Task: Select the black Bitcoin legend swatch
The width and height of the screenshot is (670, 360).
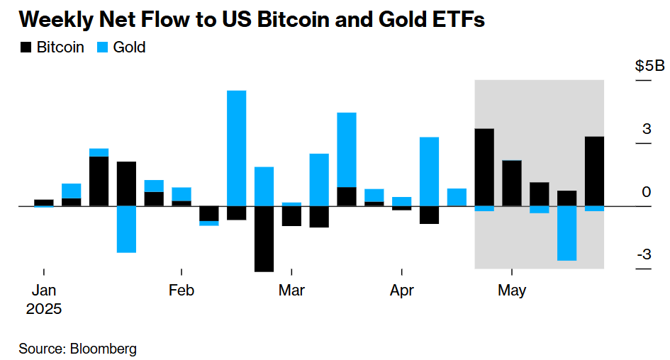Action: (26, 47)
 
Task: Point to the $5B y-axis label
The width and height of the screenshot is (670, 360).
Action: (649, 67)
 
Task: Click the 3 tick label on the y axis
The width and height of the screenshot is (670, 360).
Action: (647, 129)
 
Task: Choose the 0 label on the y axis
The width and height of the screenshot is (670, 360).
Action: (647, 192)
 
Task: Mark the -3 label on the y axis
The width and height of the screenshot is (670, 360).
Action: (643, 254)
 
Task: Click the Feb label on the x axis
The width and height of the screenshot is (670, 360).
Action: (182, 291)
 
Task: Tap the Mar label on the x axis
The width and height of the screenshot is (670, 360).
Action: (291, 291)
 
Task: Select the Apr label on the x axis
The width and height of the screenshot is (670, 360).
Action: (401, 291)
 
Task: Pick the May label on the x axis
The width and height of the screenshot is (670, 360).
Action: (512, 291)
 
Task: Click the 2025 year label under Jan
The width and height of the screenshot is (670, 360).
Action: (44, 310)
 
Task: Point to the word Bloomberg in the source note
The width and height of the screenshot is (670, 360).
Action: (103, 349)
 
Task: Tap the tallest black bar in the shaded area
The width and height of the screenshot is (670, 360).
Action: (484, 167)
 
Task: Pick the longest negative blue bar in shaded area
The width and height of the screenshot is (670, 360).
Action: (566, 233)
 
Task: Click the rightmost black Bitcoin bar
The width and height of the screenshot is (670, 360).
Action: (594, 171)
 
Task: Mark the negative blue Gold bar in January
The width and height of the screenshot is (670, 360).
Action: (126, 229)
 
